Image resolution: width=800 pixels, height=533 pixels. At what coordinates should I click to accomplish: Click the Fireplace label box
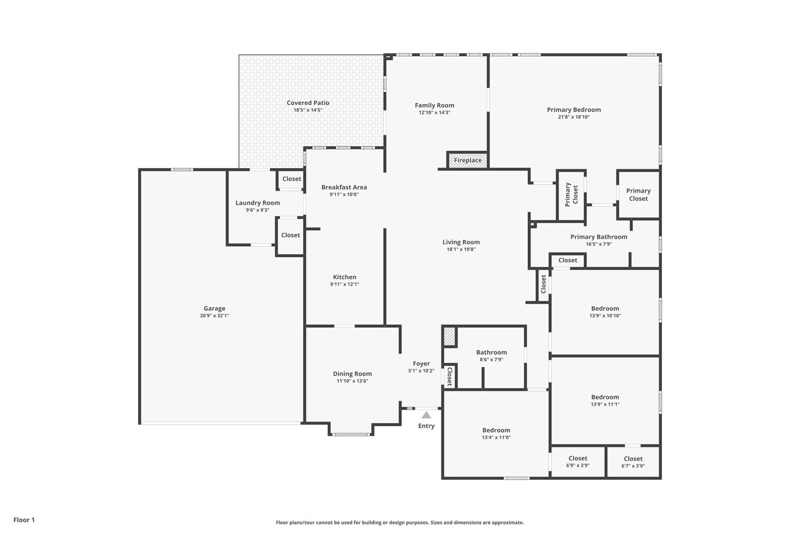pos(468,160)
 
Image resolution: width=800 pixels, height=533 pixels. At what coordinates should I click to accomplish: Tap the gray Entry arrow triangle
pos(426,415)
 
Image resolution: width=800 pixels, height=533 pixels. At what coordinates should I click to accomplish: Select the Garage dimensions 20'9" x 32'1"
pos(214,316)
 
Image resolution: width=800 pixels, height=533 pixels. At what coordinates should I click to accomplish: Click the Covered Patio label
pos(308,103)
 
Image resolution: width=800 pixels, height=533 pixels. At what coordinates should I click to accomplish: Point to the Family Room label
pos(434,105)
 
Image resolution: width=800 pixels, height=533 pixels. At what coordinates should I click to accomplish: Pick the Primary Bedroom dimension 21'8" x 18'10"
pos(573,117)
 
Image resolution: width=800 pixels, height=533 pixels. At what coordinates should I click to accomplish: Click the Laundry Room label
pos(257,203)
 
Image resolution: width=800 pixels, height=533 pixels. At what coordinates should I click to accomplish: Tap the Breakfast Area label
pos(344,187)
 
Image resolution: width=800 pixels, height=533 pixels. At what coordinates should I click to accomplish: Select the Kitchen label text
pos(344,277)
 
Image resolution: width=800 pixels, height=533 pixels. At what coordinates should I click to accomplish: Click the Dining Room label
pos(352,374)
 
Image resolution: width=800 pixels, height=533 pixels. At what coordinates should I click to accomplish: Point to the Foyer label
pos(421,364)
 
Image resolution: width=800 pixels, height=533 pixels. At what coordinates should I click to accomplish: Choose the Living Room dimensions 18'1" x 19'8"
pos(461,250)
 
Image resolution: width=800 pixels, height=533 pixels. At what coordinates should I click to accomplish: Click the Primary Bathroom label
pos(598,237)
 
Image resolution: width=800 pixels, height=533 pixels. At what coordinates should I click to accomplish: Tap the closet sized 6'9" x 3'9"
pos(578,462)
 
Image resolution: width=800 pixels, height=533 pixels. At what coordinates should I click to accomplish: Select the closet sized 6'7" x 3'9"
pos(633,462)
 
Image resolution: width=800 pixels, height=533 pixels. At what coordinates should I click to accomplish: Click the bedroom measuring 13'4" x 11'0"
pos(496,434)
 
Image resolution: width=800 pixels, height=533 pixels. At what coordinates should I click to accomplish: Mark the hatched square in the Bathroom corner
pos(450,336)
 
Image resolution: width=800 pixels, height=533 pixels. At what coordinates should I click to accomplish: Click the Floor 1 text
pos(24,520)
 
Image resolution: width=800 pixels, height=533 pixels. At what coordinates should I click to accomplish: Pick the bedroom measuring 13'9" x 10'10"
pos(605,312)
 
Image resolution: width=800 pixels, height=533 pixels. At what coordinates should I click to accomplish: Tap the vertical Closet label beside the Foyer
pos(450,377)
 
